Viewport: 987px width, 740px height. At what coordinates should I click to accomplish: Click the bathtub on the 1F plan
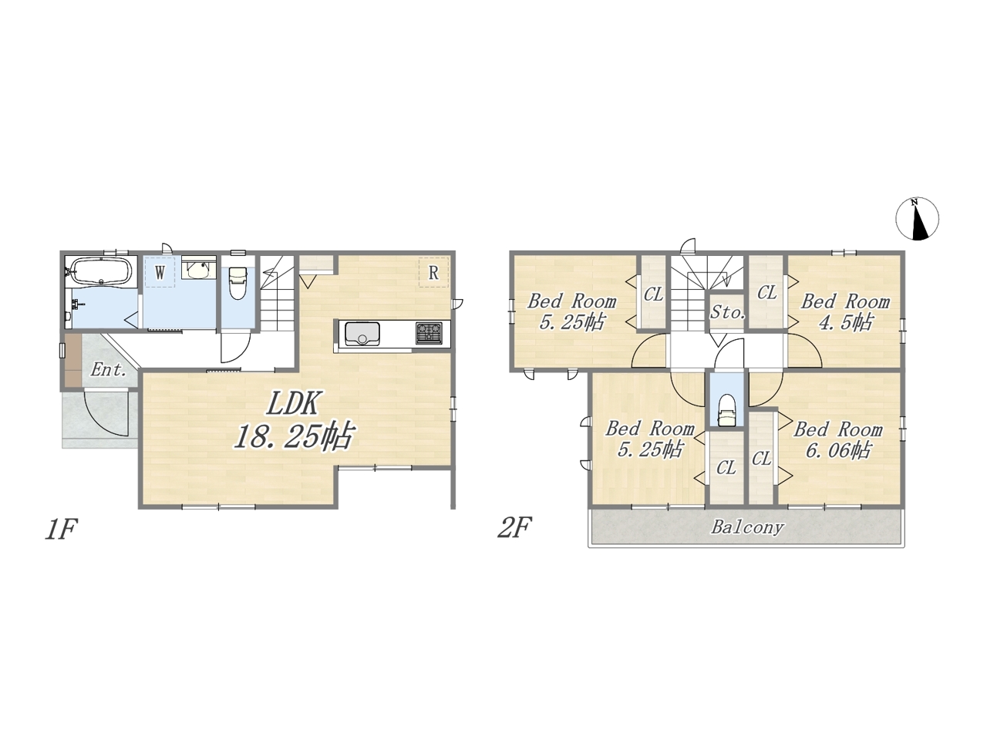pos(101,271)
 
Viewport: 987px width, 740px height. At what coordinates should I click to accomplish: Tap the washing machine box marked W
pos(160,272)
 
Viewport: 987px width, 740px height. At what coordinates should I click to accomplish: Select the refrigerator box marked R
pos(433,272)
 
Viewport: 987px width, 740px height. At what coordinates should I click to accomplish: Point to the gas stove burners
pos(429,333)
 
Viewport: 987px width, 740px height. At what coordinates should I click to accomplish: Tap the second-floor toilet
pos(726,410)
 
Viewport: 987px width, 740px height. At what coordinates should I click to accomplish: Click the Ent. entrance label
pos(108,370)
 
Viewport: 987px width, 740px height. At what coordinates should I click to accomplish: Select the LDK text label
pos(293,403)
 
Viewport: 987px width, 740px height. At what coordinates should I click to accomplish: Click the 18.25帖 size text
pos(294,436)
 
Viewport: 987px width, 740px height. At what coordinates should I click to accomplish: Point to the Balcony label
pos(747,527)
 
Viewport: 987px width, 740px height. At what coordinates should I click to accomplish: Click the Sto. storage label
pos(727,311)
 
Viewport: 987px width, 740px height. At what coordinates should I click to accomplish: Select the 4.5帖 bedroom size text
pos(846,322)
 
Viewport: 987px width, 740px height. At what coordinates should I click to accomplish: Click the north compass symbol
pos(918,219)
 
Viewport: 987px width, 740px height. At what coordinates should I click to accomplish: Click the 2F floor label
pos(514,527)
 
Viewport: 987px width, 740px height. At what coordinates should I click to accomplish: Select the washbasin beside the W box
pos(197,270)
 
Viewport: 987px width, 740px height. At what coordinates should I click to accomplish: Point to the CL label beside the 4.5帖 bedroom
pos(766,293)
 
